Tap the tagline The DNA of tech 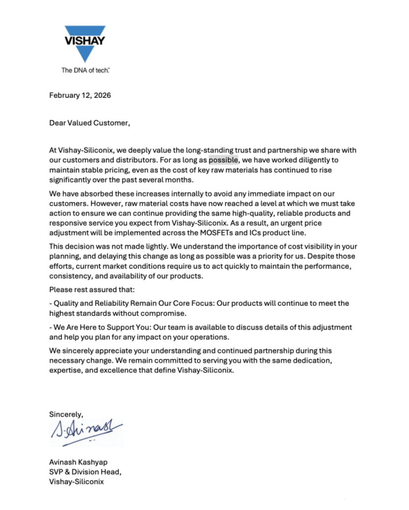point(85,70)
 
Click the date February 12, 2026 point(80,96)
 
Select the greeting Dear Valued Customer point(89,123)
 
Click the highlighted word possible point(224,160)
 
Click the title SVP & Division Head point(85,472)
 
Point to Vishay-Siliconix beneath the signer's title point(76,482)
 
